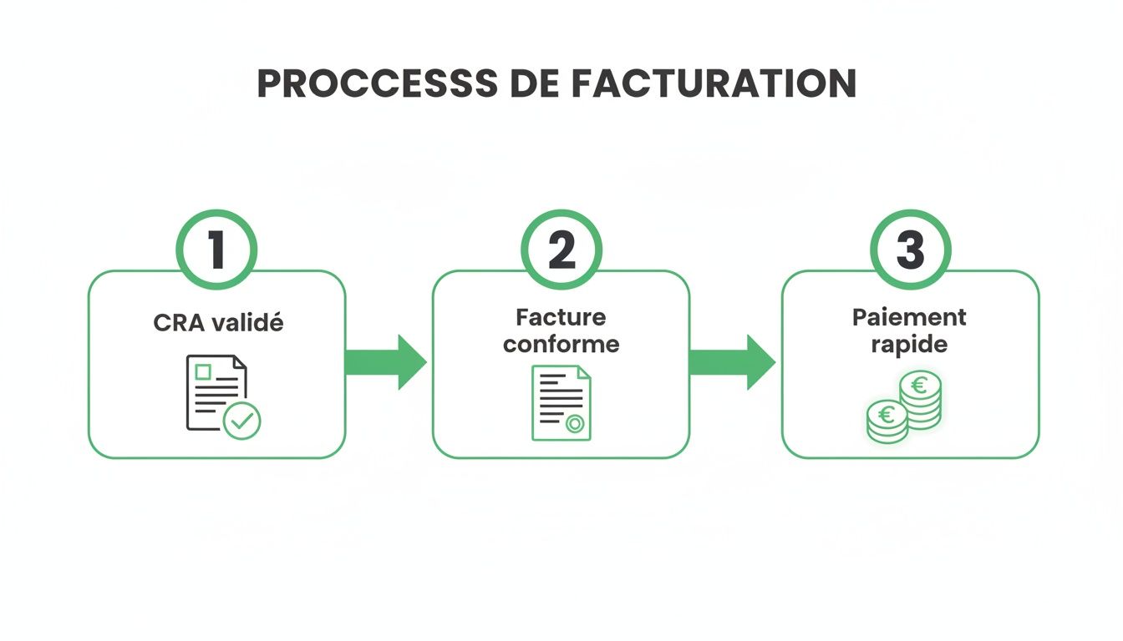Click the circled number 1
pos(216,249)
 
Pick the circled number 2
pos(561,249)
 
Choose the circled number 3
pos(910,249)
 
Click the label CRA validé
pos(218,322)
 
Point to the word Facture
pos(561,317)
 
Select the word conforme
pos(561,343)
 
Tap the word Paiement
pos(909,317)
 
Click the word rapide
pos(909,343)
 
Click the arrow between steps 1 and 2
pos(385,361)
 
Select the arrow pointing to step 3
pos(732,361)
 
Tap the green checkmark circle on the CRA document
pos(242,421)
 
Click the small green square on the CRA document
pos(201,372)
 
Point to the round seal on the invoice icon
pos(575,424)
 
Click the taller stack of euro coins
pos(920,400)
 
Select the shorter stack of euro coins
pos(887,421)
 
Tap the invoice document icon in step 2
pos(561,402)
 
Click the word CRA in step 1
pos(174,322)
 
